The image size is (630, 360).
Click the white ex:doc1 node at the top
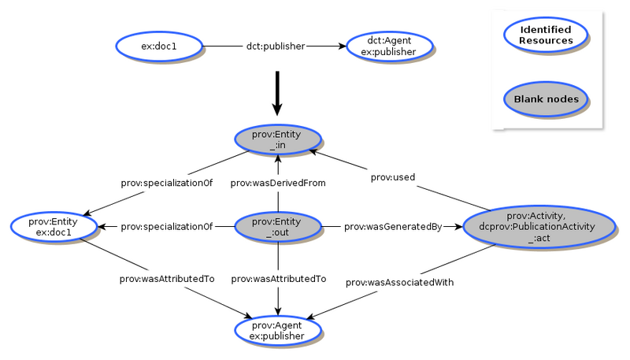pyautogui.click(x=158, y=46)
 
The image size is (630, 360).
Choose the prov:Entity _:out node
pyautogui.click(x=277, y=227)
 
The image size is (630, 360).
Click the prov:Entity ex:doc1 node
pyautogui.click(x=54, y=227)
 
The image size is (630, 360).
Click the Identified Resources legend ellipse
pyautogui.click(x=546, y=35)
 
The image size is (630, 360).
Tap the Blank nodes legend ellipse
pyautogui.click(x=546, y=99)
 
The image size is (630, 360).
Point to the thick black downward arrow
pyautogui.click(x=276, y=93)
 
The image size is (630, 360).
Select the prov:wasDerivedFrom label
pyautogui.click(x=277, y=183)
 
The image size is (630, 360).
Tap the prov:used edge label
pyautogui.click(x=393, y=177)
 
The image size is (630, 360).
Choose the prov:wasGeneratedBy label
pyautogui.click(x=393, y=227)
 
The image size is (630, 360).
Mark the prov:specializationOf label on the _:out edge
pyautogui.click(x=167, y=227)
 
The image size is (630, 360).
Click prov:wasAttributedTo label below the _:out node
pyautogui.click(x=277, y=278)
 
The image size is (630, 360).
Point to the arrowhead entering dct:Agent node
pyautogui.click(x=341, y=46)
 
